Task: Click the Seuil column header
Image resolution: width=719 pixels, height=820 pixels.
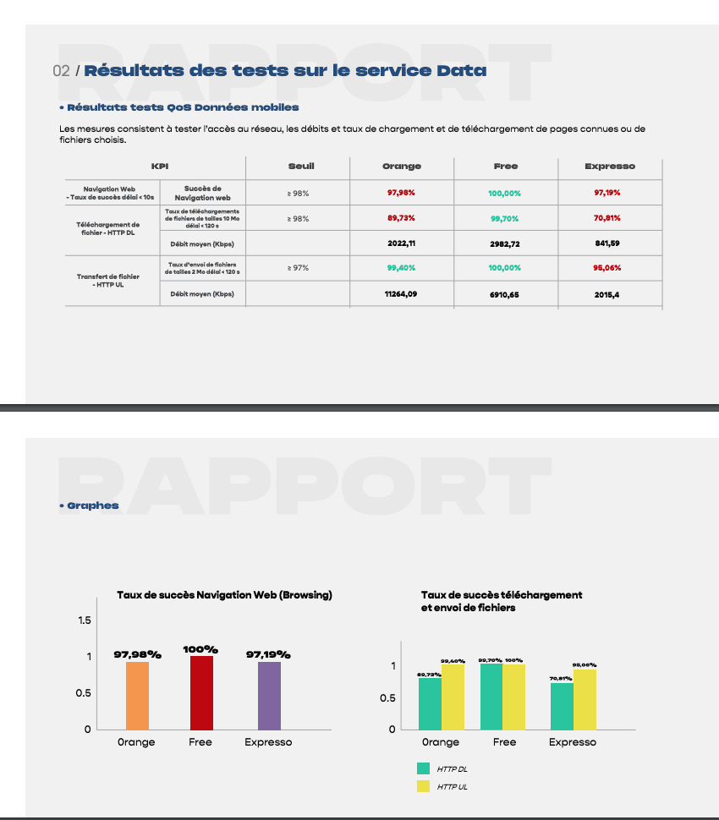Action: pyautogui.click(x=301, y=167)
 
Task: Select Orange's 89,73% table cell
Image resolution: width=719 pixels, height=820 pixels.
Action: pyautogui.click(x=401, y=218)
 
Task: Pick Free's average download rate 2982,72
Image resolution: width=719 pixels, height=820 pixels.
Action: pyautogui.click(x=504, y=243)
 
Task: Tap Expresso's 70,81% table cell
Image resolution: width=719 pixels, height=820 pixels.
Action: pyautogui.click(x=607, y=218)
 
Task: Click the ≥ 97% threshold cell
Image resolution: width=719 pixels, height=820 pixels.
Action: pyautogui.click(x=298, y=268)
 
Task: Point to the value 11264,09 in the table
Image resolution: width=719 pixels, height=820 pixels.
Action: pyautogui.click(x=401, y=294)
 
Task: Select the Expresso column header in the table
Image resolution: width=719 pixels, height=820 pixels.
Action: pyautogui.click(x=610, y=167)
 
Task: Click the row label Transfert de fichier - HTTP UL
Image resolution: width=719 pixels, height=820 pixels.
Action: pyautogui.click(x=108, y=281)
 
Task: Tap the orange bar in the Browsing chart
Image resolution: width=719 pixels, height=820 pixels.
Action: pyautogui.click(x=137, y=696)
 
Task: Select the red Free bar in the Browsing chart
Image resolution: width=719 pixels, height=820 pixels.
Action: pyautogui.click(x=201, y=692)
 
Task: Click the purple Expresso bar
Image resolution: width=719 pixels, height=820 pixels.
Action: pyautogui.click(x=269, y=696)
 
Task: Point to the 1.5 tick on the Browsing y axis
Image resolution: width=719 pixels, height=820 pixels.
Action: pyautogui.click(x=85, y=620)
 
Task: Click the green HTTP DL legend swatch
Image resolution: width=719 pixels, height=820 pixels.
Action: pyautogui.click(x=423, y=768)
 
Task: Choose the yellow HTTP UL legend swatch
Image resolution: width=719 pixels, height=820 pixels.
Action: pyautogui.click(x=423, y=786)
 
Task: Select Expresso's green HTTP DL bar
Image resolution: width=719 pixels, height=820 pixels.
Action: pyautogui.click(x=562, y=707)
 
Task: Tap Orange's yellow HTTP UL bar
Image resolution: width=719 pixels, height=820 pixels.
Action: pyautogui.click(x=453, y=697)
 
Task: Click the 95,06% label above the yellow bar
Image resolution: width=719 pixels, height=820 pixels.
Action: pyautogui.click(x=584, y=665)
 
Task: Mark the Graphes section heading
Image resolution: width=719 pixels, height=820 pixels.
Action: pyautogui.click(x=89, y=506)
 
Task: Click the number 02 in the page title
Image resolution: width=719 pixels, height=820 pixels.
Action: pyautogui.click(x=61, y=71)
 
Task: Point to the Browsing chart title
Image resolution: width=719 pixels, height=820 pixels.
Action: pyautogui.click(x=224, y=595)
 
